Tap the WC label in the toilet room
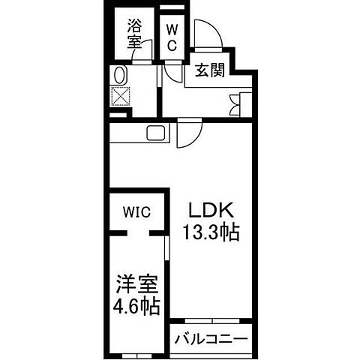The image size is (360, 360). (172, 37)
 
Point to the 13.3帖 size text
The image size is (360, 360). (211, 232)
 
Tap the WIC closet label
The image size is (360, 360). (137, 212)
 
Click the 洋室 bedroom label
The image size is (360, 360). (136, 284)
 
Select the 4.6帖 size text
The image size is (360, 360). (136, 307)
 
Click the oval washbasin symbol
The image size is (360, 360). (119, 76)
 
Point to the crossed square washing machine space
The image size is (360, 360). (120, 97)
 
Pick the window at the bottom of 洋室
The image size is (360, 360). (135, 353)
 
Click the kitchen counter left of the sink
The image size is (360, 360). (127, 133)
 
